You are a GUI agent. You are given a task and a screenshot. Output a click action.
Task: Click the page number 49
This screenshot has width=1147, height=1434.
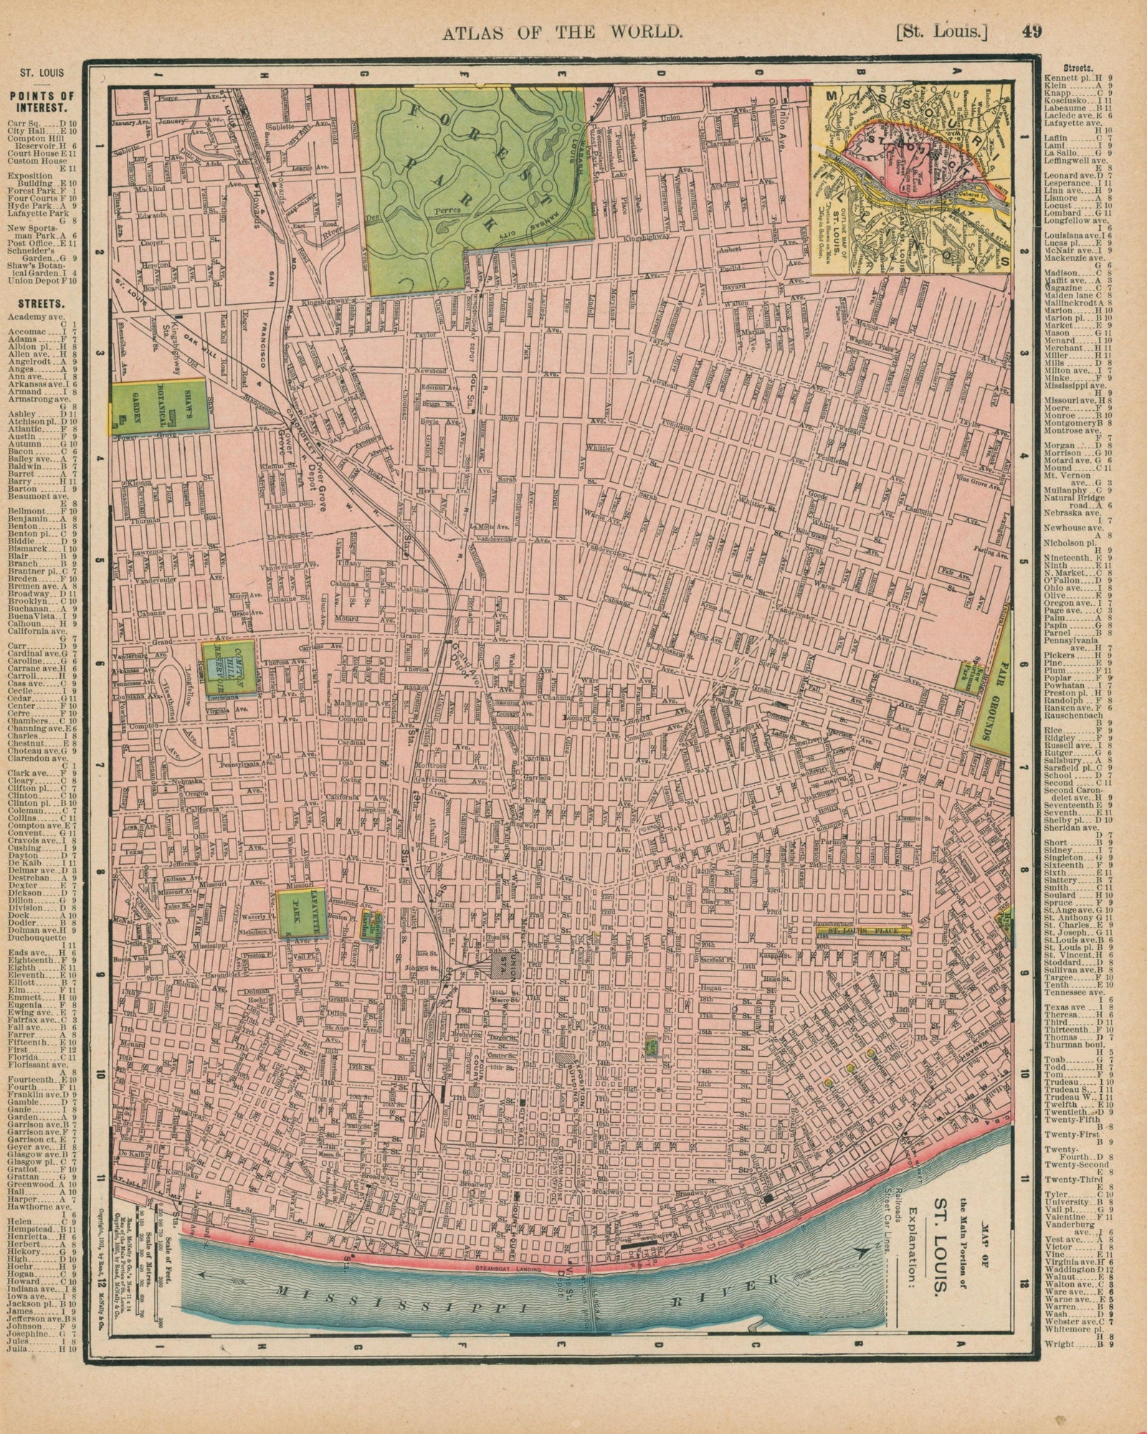coord(1033,32)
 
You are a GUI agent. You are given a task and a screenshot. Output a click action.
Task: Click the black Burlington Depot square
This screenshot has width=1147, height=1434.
coord(768,1197)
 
